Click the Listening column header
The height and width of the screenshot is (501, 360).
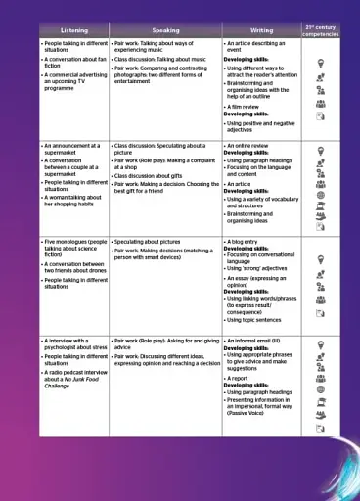(x=73, y=30)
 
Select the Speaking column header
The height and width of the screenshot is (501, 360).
(x=165, y=30)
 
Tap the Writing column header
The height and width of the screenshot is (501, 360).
(x=261, y=30)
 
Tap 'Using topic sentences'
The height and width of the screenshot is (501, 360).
(x=262, y=318)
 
